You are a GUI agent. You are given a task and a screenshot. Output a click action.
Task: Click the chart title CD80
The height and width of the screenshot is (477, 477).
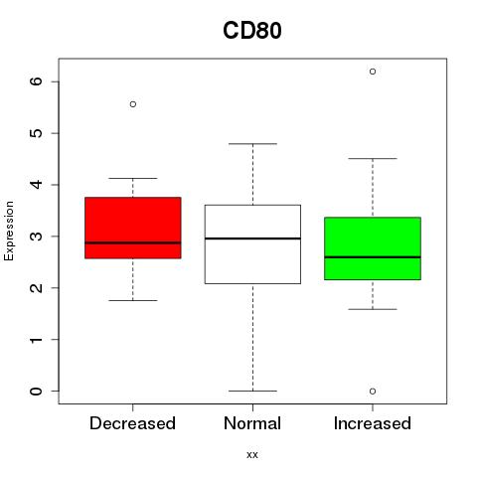[252, 31]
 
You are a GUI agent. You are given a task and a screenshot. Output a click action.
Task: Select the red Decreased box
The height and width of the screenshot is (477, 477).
[133, 228]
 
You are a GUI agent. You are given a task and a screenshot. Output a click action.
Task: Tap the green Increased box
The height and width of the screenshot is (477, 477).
[373, 248]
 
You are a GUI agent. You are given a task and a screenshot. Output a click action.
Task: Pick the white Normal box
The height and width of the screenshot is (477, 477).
[252, 244]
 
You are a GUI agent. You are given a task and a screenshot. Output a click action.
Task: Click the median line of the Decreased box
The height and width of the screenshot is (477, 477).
[133, 242]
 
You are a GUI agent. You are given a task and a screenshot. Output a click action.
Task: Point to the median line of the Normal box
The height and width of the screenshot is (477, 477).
[252, 238]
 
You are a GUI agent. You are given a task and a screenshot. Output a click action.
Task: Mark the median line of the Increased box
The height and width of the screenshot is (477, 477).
[373, 257]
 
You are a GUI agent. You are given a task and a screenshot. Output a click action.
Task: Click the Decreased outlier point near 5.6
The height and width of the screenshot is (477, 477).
[133, 104]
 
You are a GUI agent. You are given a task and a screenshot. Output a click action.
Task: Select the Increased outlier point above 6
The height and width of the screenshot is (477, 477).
[373, 72]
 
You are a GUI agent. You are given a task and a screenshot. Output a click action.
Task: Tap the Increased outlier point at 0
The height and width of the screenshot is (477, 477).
[373, 392]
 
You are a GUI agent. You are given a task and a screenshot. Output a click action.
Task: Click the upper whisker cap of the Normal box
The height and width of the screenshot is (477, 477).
[252, 144]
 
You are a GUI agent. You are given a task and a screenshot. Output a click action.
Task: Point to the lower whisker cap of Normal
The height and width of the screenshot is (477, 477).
[252, 391]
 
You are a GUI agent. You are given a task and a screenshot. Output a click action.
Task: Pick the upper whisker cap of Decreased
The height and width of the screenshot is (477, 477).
[133, 178]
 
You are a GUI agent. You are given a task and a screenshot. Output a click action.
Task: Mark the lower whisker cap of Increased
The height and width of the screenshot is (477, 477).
[373, 309]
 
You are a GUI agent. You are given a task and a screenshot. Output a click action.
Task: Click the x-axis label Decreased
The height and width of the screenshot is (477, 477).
[132, 423]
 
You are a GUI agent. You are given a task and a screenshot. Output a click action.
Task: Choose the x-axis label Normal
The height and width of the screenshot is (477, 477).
[252, 423]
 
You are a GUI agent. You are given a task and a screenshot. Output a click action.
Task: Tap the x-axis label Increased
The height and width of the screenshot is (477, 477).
[373, 423]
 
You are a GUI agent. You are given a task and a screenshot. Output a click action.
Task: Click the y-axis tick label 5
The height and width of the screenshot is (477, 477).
[37, 133]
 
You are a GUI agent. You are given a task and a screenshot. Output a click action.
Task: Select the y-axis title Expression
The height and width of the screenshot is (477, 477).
[9, 231]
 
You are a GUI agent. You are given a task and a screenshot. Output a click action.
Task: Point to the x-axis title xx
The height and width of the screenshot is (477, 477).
[252, 455]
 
